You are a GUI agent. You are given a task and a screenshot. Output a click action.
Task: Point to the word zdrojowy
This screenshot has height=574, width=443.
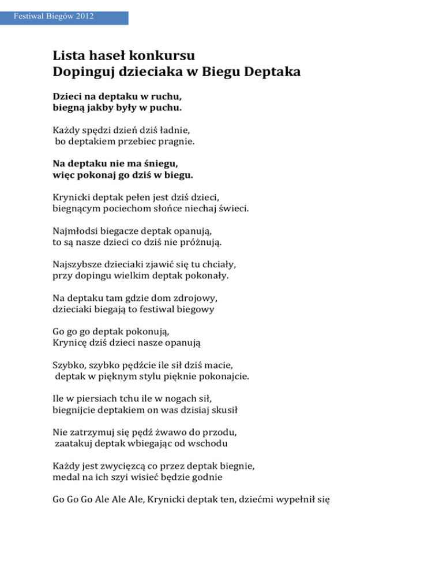pyautogui.click(x=198, y=298)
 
